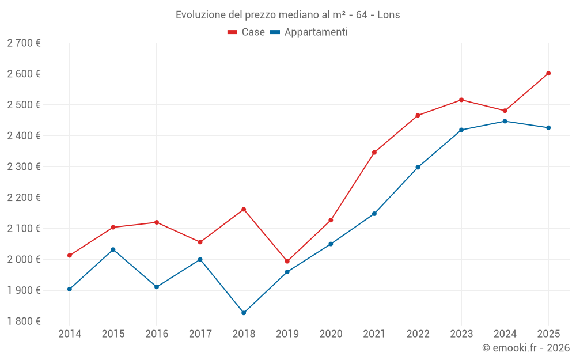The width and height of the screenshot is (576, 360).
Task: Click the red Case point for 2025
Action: (x=548, y=73)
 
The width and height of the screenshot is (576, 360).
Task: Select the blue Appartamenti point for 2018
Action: (x=244, y=313)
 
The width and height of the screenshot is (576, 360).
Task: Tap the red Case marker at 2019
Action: (x=287, y=261)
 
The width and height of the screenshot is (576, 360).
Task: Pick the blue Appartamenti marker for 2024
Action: (x=505, y=121)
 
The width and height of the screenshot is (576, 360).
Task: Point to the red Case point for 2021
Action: (x=374, y=153)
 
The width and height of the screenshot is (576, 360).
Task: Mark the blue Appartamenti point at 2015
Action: (x=113, y=249)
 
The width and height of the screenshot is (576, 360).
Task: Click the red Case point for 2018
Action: (x=244, y=209)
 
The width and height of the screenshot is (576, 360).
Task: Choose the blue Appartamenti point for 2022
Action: (x=418, y=167)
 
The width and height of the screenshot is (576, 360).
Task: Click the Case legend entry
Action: (x=247, y=32)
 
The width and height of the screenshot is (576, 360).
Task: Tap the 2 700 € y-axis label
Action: (x=24, y=43)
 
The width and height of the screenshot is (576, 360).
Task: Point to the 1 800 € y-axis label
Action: (x=24, y=321)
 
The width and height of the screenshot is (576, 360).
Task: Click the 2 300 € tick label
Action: (x=24, y=166)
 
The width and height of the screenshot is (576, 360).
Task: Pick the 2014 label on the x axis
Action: (x=70, y=334)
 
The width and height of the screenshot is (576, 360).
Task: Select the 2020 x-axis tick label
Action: (x=331, y=334)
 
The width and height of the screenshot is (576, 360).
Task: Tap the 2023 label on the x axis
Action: (x=461, y=334)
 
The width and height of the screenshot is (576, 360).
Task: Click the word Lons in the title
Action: (x=388, y=15)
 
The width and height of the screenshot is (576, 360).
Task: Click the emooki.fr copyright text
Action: (x=526, y=348)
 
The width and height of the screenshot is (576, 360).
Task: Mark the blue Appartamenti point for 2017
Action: (x=200, y=259)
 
